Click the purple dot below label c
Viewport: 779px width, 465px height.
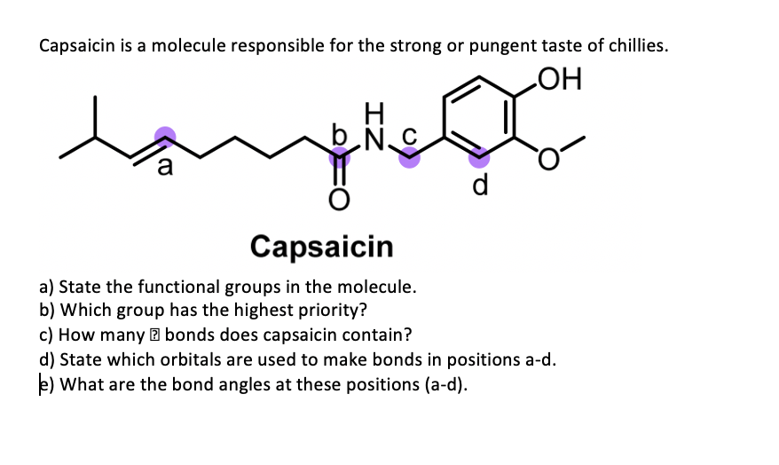(409, 157)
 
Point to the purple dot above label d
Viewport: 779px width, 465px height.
(478, 159)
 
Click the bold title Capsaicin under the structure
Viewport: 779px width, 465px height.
(321, 246)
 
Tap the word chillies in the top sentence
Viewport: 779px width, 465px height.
(634, 46)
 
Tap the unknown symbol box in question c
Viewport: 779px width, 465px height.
(155, 336)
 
